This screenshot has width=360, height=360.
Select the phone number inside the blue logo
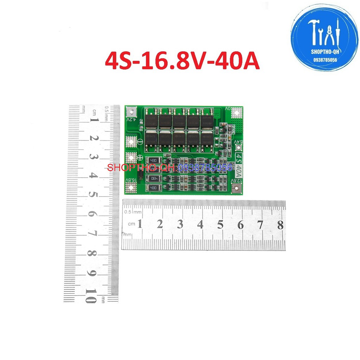tap(325, 60)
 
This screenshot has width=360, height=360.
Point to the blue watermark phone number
tap(205, 168)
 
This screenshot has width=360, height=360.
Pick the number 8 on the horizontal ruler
tap(280, 225)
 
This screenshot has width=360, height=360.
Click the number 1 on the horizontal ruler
tap(140, 224)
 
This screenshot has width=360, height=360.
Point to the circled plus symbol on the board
tap(139, 159)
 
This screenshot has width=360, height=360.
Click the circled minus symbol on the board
tap(140, 142)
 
